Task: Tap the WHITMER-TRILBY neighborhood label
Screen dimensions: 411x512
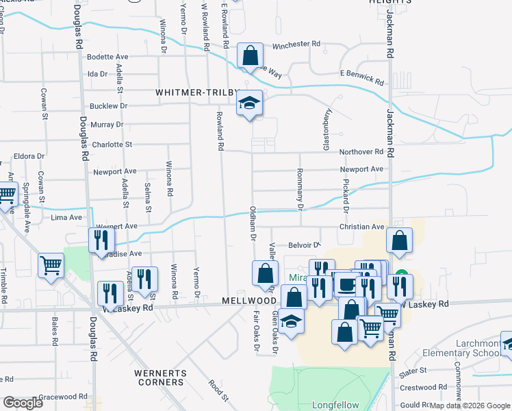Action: click(x=196, y=92)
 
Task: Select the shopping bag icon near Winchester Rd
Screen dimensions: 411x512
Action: click(x=250, y=55)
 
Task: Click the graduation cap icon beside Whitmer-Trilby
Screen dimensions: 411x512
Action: click(x=250, y=103)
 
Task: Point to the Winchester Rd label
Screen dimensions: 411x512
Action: click(x=296, y=45)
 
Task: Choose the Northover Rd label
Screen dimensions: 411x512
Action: click(x=360, y=151)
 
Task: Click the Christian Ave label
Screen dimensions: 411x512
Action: click(x=361, y=227)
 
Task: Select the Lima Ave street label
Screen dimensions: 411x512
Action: click(x=66, y=217)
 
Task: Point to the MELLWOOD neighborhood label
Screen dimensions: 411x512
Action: click(x=246, y=301)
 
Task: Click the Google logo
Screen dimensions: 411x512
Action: click(x=22, y=402)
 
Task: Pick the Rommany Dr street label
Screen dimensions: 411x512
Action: click(x=300, y=188)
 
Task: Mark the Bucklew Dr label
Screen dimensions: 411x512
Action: click(x=109, y=106)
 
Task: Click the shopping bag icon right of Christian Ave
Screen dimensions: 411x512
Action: click(x=399, y=240)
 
